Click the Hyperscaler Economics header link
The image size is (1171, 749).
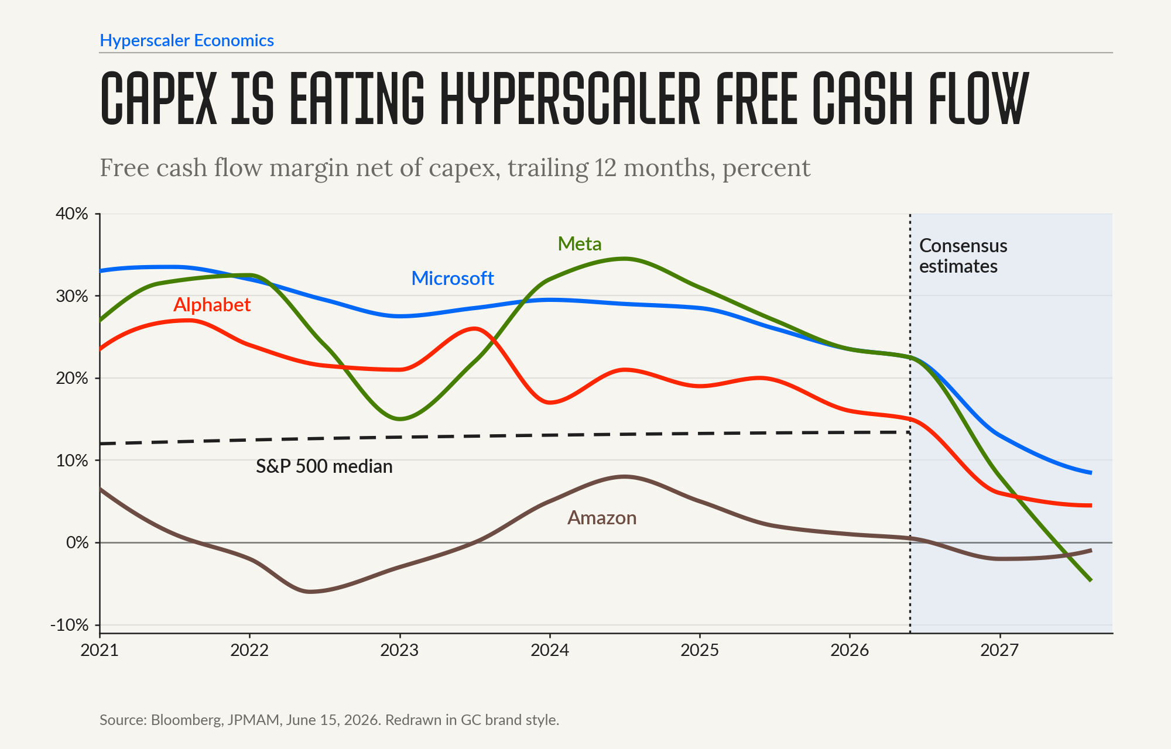click(187, 40)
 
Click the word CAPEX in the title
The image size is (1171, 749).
click(159, 98)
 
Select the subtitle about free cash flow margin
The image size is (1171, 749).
click(455, 169)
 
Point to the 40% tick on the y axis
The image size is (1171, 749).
click(72, 214)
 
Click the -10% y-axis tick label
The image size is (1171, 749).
click(70, 625)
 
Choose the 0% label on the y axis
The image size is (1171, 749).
click(77, 542)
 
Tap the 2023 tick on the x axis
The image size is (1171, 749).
click(399, 650)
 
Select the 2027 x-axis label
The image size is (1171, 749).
click(999, 650)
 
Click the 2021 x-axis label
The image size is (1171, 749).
click(100, 650)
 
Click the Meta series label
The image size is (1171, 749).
click(580, 243)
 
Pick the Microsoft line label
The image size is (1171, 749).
click(453, 278)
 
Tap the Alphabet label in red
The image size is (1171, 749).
click(212, 305)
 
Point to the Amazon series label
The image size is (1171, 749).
click(602, 518)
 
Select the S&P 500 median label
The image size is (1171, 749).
click(324, 466)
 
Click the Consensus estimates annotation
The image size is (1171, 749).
click(963, 256)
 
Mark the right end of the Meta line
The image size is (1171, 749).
click(1090, 580)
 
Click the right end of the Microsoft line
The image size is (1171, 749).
click(1090, 473)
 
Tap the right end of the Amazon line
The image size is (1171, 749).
click(1090, 551)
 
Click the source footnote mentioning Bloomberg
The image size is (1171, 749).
click(329, 720)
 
